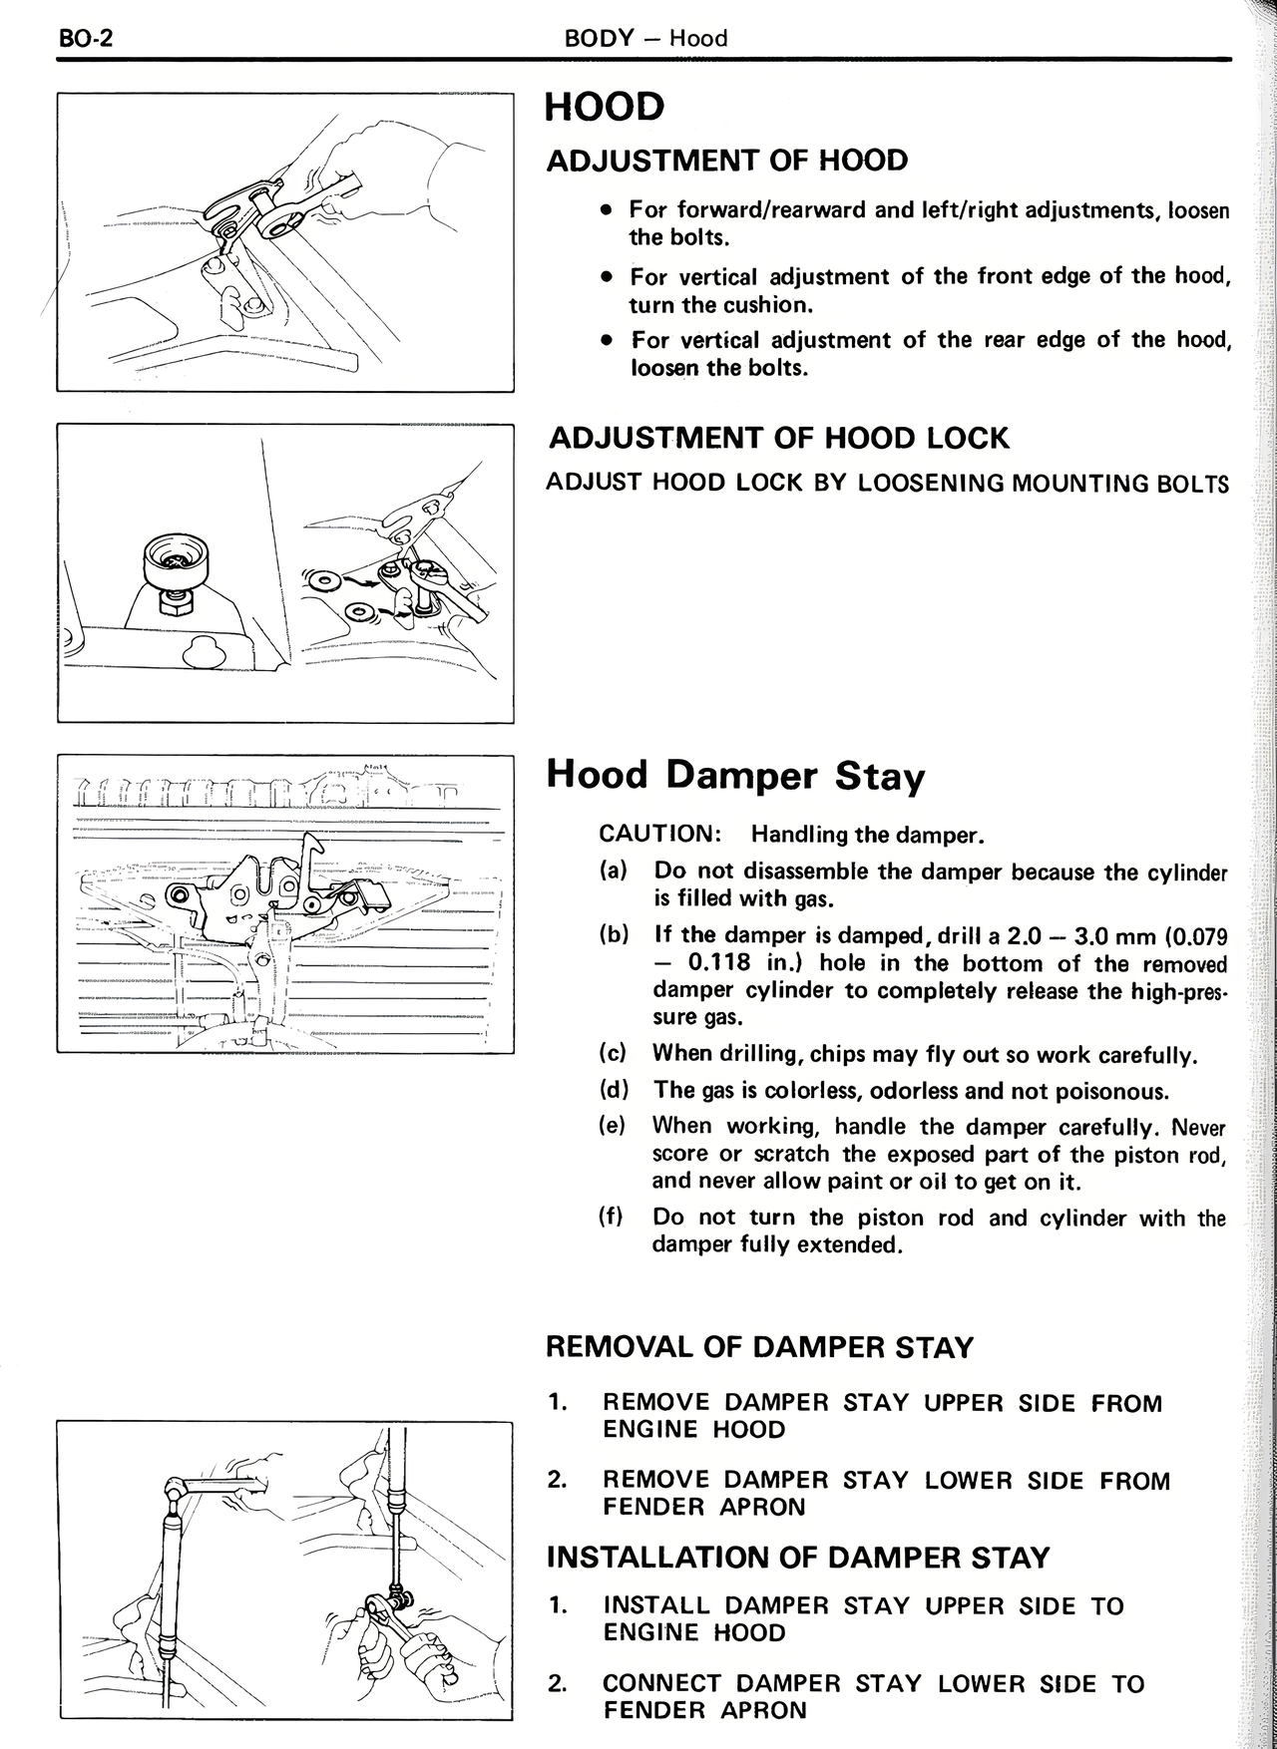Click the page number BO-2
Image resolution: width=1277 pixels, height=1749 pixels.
point(87,39)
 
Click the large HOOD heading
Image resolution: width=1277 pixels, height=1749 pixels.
point(605,107)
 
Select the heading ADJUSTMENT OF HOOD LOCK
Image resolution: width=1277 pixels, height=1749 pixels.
point(779,438)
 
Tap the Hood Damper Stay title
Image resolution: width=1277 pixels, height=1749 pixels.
point(735,775)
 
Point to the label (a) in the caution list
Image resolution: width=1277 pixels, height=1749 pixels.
point(614,871)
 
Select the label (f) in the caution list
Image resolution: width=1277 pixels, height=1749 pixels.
point(611,1217)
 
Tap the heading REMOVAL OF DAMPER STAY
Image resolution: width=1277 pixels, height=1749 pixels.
point(758,1347)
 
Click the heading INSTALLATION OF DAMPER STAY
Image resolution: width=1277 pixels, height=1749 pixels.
point(797,1558)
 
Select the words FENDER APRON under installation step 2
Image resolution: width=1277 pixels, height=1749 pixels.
point(703,1710)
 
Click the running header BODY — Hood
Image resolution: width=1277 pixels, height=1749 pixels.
point(645,39)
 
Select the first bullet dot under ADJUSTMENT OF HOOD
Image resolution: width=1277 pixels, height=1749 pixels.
point(606,210)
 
